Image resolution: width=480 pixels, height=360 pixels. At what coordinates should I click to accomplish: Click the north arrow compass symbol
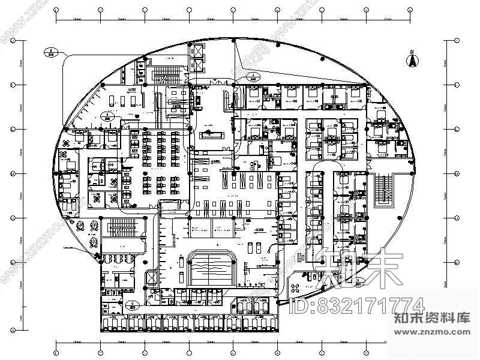click(x=413, y=60)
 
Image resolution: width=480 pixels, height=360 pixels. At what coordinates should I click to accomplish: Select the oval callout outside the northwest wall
click(x=51, y=52)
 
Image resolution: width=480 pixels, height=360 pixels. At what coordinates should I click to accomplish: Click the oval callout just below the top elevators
click(x=252, y=76)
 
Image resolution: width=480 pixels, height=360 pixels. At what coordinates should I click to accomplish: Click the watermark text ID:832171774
click(x=356, y=305)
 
